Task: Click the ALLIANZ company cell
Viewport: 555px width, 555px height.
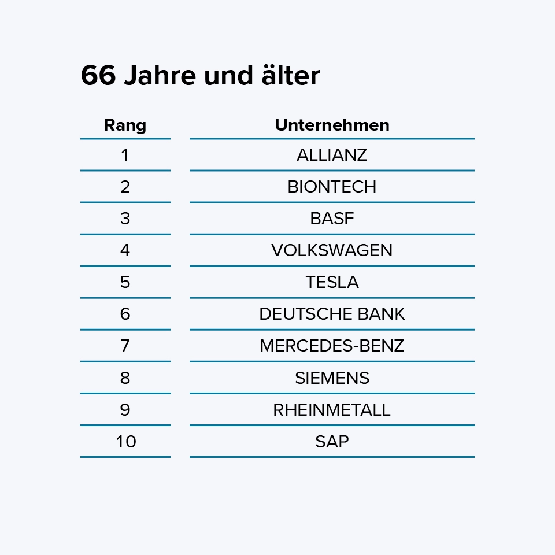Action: tap(332, 155)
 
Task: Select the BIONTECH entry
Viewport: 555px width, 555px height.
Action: tap(332, 187)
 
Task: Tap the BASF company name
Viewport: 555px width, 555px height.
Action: tap(332, 219)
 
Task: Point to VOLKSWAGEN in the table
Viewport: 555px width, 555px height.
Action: tap(332, 250)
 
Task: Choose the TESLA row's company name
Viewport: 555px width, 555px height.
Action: tap(332, 282)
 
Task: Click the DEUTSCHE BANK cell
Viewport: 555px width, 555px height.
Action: tap(332, 314)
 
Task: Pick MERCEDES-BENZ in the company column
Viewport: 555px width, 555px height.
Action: tap(332, 346)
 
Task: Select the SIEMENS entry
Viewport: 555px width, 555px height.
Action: tap(332, 378)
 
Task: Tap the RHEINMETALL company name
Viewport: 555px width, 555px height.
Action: tap(332, 410)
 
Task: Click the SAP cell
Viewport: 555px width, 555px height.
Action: tap(332, 442)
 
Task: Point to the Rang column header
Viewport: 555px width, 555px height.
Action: tap(125, 125)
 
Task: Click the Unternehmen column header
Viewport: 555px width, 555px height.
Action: tap(332, 125)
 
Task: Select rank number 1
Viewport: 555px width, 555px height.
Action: tap(125, 155)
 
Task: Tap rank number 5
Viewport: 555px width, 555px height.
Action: tap(125, 282)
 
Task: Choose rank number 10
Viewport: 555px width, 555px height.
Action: tap(125, 442)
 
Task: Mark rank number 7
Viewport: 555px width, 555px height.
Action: tap(125, 346)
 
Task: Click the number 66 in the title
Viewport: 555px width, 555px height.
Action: tap(98, 76)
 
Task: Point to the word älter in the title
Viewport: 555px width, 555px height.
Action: tap(289, 76)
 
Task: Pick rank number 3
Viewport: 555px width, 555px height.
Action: tap(125, 219)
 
